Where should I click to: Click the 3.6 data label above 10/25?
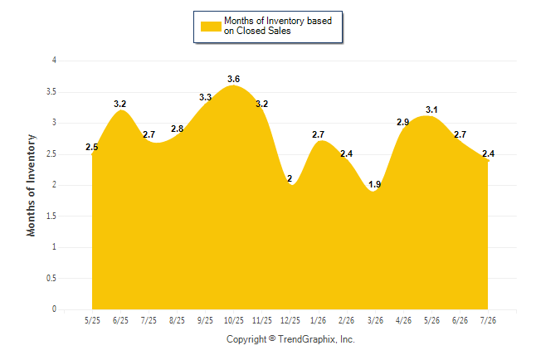(233, 79)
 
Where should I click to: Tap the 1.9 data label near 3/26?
(375, 185)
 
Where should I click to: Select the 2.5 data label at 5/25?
(91, 147)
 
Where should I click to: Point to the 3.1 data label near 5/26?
(431, 109)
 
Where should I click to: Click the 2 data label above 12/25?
(290, 178)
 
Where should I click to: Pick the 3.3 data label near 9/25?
(205, 97)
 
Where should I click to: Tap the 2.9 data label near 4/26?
(402, 122)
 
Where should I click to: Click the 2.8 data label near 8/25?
(177, 129)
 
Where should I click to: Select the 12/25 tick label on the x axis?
(290, 320)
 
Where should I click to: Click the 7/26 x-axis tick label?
(488, 320)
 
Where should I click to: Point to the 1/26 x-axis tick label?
(319, 320)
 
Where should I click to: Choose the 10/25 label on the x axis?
(233, 320)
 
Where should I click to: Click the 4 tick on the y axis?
(54, 61)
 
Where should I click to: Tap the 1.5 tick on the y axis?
(51, 216)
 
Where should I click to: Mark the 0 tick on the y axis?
(54, 309)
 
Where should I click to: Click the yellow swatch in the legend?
(211, 27)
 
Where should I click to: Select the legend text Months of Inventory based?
(278, 21)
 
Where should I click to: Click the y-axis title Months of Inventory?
(31, 185)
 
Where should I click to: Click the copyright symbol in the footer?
(272, 338)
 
